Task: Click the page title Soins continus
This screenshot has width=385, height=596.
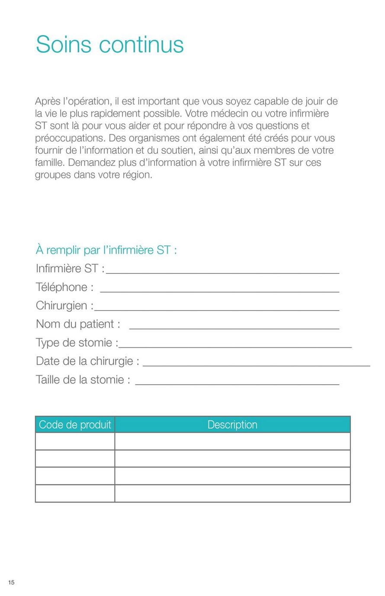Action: click(x=110, y=44)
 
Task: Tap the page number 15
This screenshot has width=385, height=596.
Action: click(x=11, y=582)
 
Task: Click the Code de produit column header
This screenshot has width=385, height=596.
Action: click(x=75, y=424)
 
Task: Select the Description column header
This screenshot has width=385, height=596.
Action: click(x=232, y=424)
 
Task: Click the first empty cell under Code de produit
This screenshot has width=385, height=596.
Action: click(x=75, y=441)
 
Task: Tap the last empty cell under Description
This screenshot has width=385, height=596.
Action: click(x=232, y=493)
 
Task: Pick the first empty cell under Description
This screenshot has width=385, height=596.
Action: click(x=232, y=441)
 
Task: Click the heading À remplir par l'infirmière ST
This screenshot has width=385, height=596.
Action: click(x=106, y=250)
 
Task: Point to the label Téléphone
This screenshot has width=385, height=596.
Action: click(x=64, y=287)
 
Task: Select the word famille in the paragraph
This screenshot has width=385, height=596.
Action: click(x=50, y=163)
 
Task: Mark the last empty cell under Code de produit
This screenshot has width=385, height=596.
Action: click(x=75, y=493)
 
